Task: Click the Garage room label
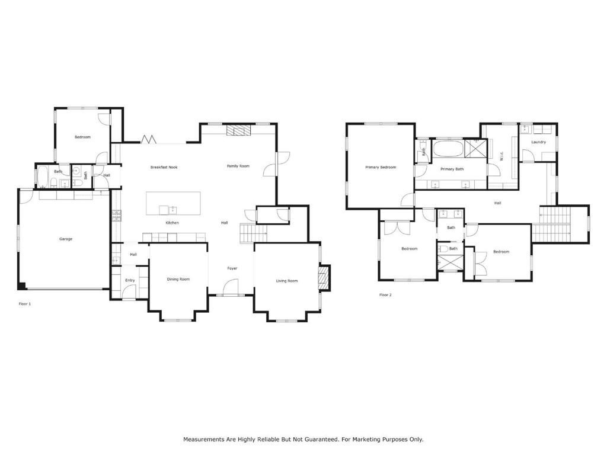point(66,239)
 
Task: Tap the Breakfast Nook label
point(164,168)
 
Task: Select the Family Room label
point(238,166)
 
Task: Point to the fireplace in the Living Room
point(323,278)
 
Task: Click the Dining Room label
point(178,280)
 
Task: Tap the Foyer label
point(232,269)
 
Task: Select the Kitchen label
point(172,223)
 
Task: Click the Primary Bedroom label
point(381,168)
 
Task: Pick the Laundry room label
point(538,142)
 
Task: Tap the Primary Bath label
point(452,169)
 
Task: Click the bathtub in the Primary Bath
point(448,148)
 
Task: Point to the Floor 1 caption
point(25,304)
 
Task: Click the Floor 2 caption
point(385,295)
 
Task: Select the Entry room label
point(130,281)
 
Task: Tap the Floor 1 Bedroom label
point(82,137)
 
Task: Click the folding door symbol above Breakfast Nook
point(148,139)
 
